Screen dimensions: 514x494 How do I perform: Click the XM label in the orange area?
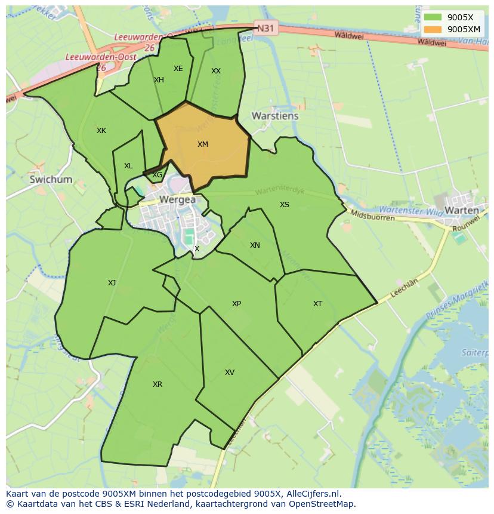pyautogui.click(x=202, y=144)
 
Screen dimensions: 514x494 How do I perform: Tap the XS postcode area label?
pyautogui.click(x=285, y=205)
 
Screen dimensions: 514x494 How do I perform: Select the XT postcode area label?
pyautogui.click(x=317, y=304)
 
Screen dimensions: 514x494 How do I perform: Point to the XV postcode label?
pyautogui.click(x=230, y=373)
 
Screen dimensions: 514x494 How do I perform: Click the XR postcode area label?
pyautogui.click(x=158, y=384)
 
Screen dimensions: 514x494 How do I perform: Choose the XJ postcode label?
pyautogui.click(x=112, y=283)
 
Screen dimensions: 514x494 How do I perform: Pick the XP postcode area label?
pyautogui.click(x=236, y=304)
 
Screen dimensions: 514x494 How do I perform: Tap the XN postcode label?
pyautogui.click(x=255, y=245)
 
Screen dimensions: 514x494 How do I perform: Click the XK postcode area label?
pyautogui.click(x=101, y=131)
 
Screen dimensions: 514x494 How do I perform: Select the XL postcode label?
pyautogui.click(x=128, y=166)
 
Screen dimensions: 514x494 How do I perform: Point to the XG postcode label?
pyautogui.click(x=157, y=175)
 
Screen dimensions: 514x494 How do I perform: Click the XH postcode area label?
pyautogui.click(x=159, y=80)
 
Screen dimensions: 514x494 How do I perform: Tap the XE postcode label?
pyautogui.click(x=178, y=69)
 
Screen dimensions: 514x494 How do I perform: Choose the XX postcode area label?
pyautogui.click(x=216, y=71)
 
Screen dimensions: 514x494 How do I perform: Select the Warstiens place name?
pyautogui.click(x=275, y=116)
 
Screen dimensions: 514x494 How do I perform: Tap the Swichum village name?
pyautogui.click(x=51, y=179)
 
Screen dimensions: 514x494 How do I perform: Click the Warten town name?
pyautogui.click(x=462, y=210)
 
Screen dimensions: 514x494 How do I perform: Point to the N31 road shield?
pyautogui.click(x=265, y=27)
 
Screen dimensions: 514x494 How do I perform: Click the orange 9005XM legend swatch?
pyautogui.click(x=433, y=29)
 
